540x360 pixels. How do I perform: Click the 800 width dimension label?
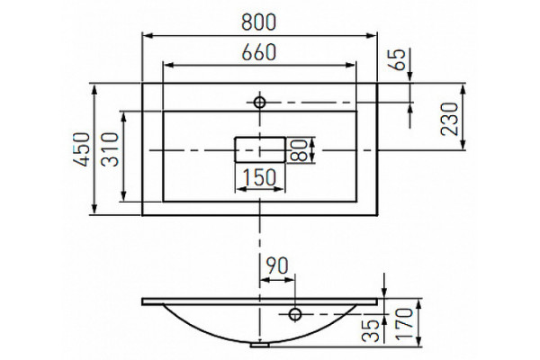point(258,22)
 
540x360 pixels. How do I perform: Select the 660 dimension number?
point(259,52)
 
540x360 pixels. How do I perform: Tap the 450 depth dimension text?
point(82,149)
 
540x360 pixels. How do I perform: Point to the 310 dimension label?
point(110,149)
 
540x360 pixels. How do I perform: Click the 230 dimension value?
point(450,119)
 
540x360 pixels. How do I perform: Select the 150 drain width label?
point(260,177)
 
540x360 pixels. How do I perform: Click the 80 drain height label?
point(299,150)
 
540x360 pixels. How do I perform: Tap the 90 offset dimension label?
point(277,265)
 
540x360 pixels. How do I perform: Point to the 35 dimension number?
point(371,330)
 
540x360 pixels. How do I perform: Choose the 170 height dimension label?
point(404,325)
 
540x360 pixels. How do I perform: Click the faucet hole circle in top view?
point(260,103)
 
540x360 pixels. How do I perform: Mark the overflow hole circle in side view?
point(295,314)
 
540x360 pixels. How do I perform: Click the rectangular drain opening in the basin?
point(260,149)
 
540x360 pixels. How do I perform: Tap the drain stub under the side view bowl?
point(260,344)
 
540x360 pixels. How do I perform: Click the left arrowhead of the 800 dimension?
point(148,35)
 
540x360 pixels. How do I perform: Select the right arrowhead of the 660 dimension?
point(351,65)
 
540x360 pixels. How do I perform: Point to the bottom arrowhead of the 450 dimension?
point(94,210)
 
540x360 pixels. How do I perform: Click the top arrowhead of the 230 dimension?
point(463,88)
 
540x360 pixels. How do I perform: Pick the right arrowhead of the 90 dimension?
point(291,280)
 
